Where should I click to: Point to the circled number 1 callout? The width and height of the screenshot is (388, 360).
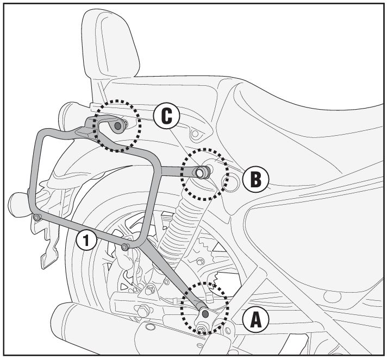coord(87,239)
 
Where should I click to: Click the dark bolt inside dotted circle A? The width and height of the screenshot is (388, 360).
coord(205,313)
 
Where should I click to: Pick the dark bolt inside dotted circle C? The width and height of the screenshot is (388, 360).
coord(118,125)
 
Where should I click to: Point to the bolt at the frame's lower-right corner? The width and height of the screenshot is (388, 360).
coord(126,247)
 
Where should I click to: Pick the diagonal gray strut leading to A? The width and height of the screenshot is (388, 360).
coord(168,277)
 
